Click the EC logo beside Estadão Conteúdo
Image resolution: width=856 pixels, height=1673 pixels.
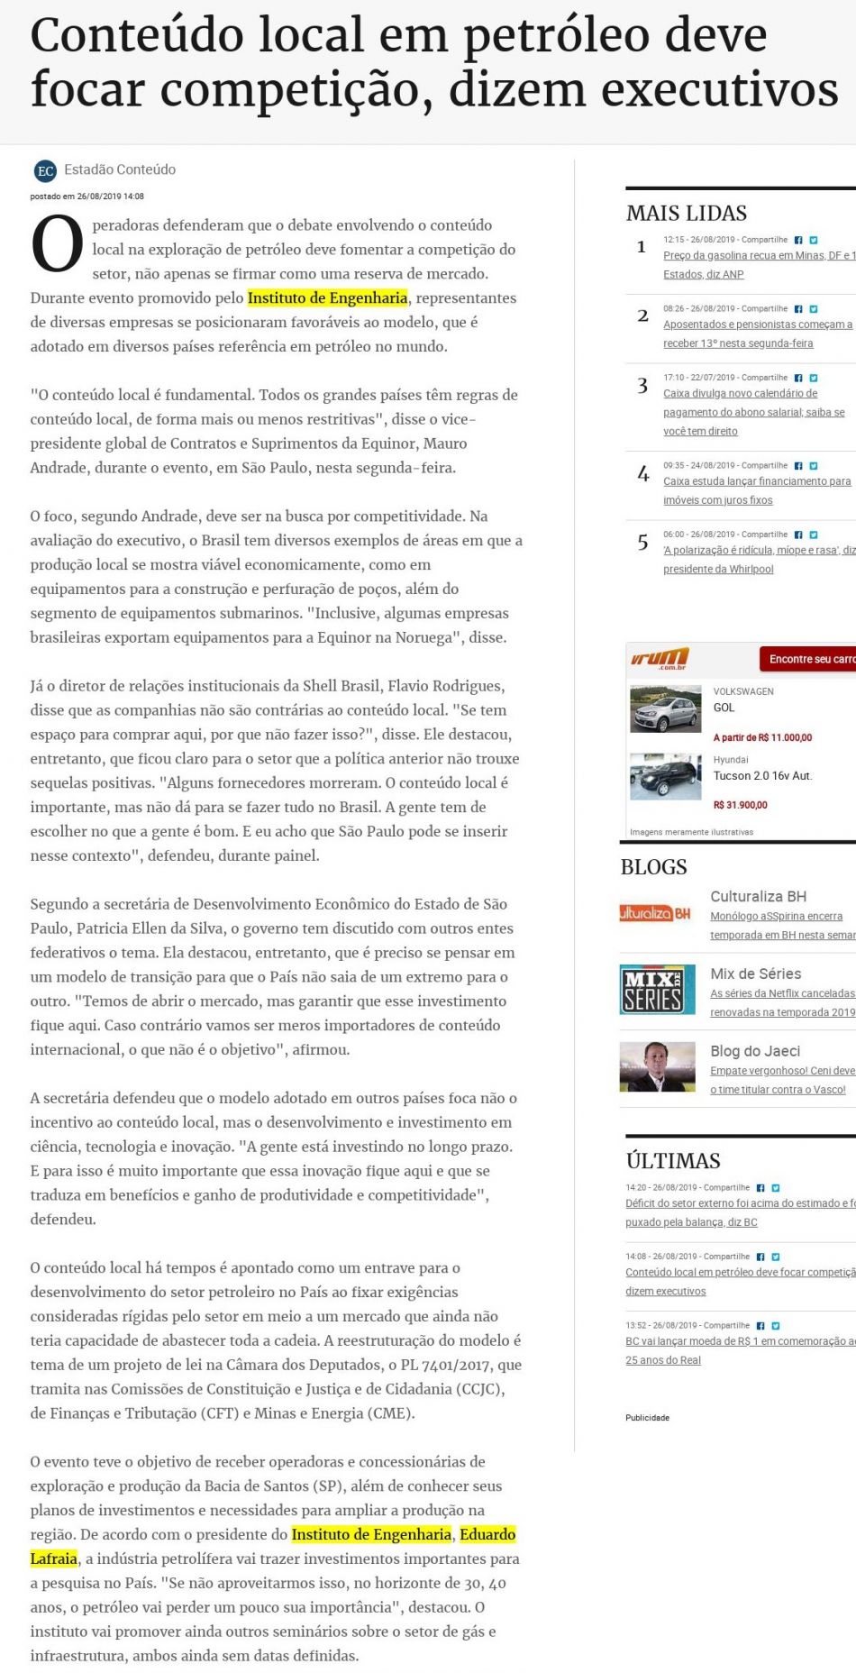coord(45,170)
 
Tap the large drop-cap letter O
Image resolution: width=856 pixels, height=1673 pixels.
coord(58,244)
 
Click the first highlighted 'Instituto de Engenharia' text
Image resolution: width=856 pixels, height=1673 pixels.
coord(327,297)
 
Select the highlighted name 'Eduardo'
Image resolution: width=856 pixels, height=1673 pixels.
coord(487,1533)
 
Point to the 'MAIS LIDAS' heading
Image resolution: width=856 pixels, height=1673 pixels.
coord(687,213)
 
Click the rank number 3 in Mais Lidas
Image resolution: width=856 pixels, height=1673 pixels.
coord(642,386)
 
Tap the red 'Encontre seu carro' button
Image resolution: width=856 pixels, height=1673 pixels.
coord(809,659)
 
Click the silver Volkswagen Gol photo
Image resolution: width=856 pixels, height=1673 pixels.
coord(665,709)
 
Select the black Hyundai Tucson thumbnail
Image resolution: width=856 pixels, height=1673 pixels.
coord(665,776)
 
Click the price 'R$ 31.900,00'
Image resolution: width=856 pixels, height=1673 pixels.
coord(741,805)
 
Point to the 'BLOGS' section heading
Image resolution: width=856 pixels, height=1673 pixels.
coord(654,867)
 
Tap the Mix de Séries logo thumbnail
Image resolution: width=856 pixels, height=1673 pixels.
coord(657,990)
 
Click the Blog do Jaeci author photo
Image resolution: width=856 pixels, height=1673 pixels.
coord(657,1066)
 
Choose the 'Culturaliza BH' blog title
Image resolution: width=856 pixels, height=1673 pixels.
coord(758,896)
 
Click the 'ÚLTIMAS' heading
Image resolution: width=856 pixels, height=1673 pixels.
coord(673,1160)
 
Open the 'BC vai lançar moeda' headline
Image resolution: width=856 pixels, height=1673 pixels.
coord(740,1341)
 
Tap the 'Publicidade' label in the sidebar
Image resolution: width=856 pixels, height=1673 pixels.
coord(647,1418)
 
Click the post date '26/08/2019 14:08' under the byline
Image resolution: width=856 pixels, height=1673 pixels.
coord(110,197)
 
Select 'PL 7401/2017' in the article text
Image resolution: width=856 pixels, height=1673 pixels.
coord(443,1365)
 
